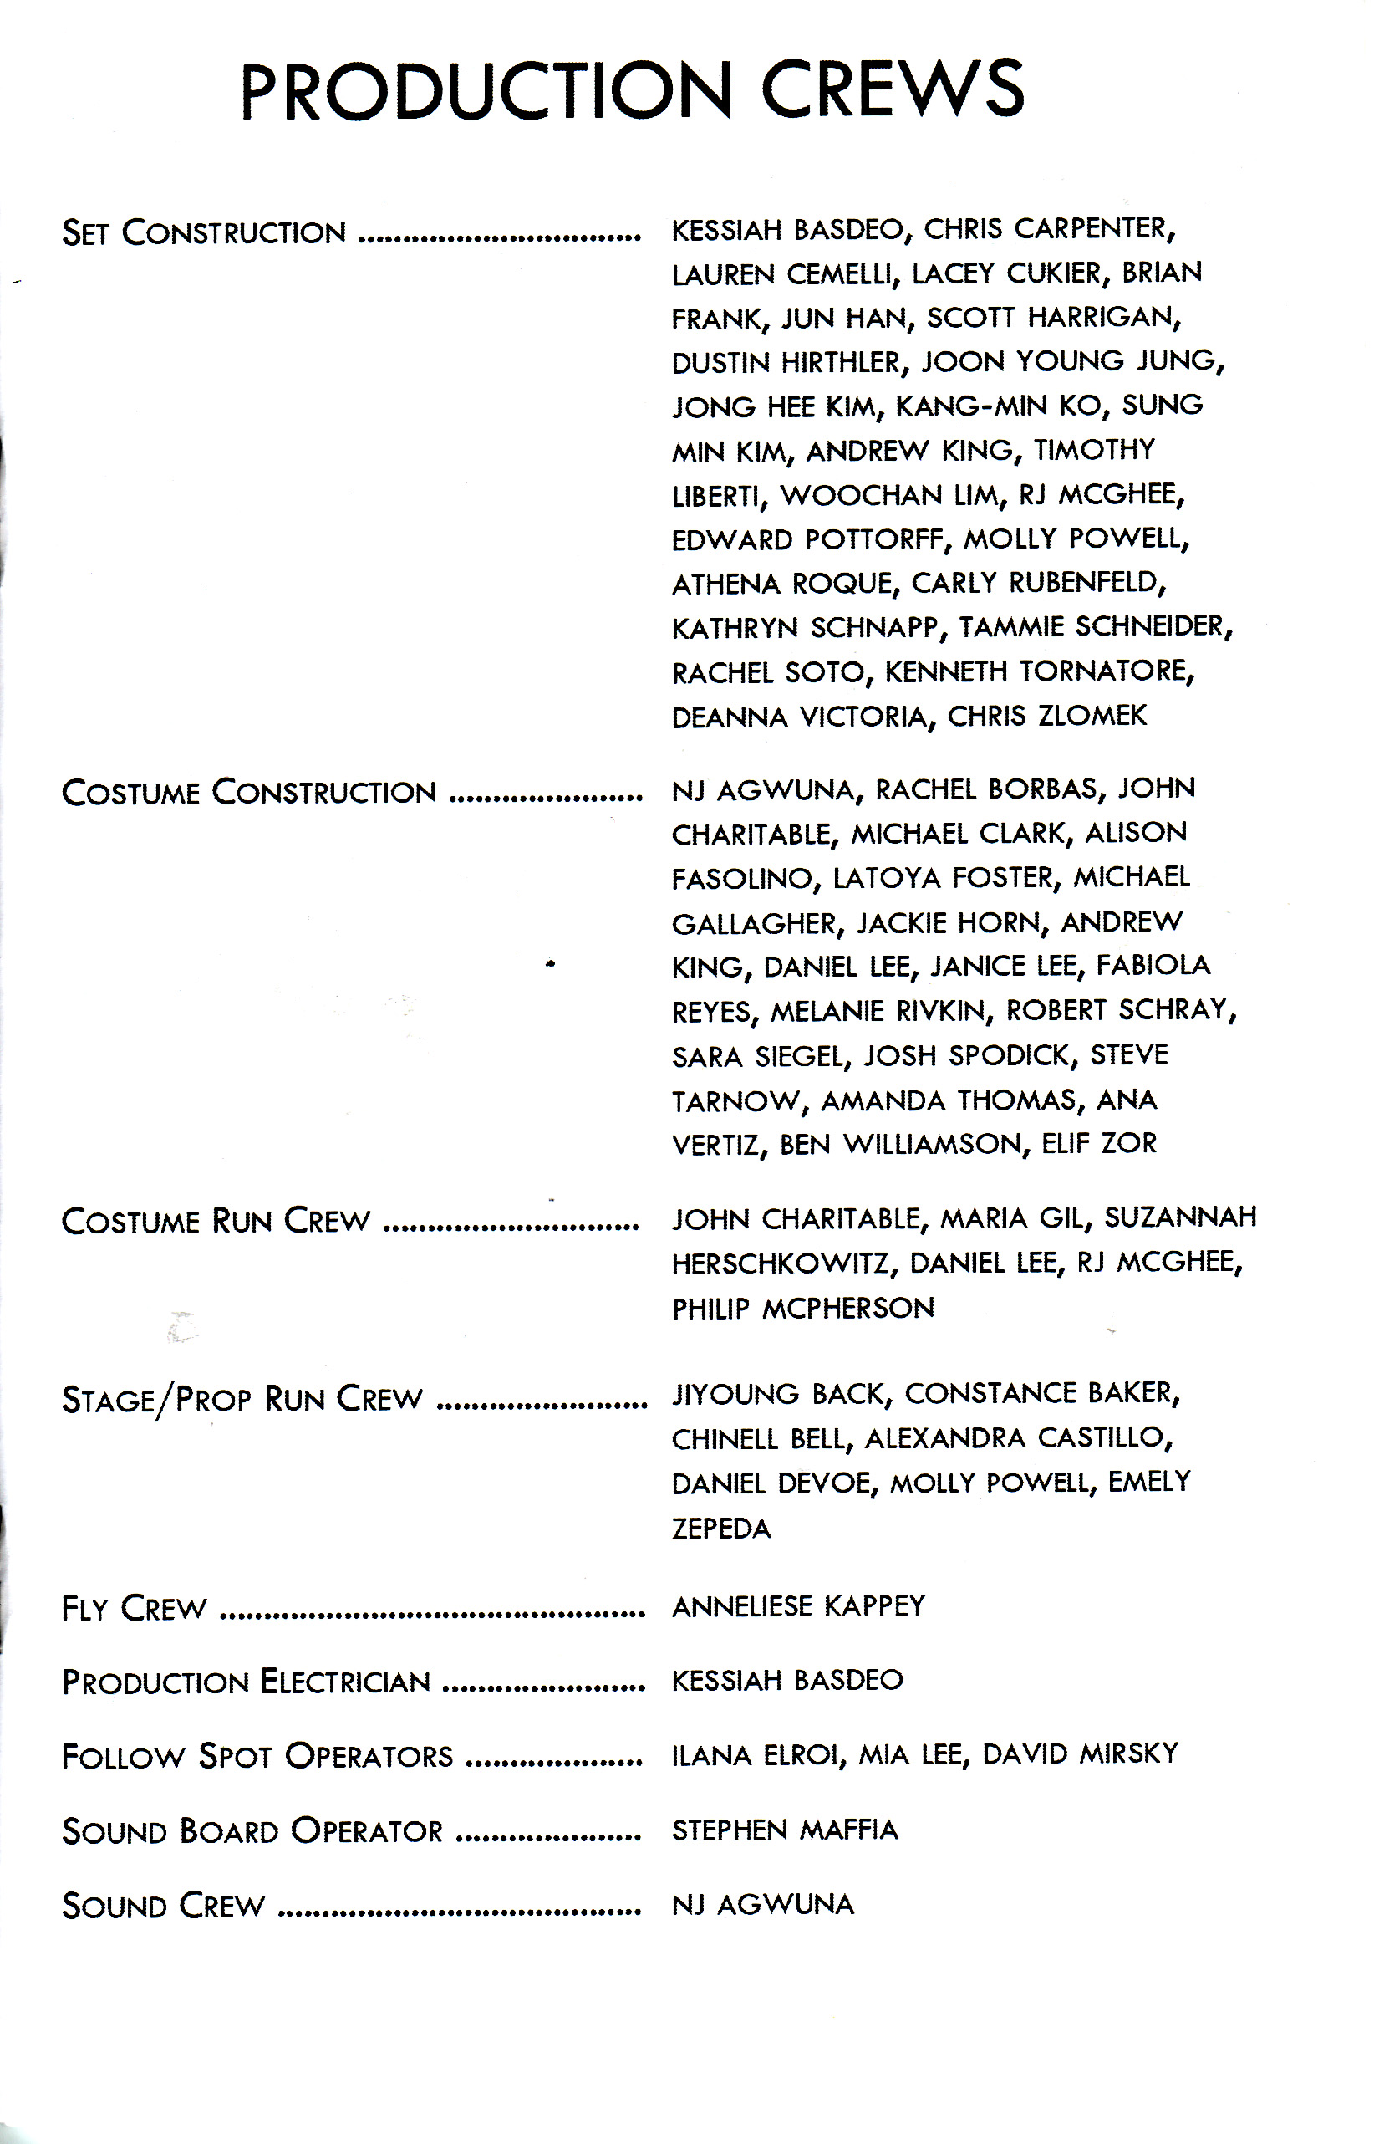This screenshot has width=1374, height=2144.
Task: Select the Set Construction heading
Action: [x=203, y=233]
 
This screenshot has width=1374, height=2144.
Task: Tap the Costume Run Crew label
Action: [x=215, y=1220]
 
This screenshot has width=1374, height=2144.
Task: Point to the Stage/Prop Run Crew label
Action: [x=242, y=1400]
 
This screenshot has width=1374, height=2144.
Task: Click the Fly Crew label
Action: [x=134, y=1609]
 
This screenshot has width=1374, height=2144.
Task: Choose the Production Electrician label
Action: [x=247, y=1682]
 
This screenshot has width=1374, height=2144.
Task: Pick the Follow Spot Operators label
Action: [x=257, y=1756]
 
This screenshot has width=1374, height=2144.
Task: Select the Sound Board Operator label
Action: [x=252, y=1830]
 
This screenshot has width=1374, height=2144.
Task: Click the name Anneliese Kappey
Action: [x=798, y=1606]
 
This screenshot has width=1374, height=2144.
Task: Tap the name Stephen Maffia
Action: [x=784, y=1830]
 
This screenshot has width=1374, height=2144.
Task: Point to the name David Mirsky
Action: [x=1081, y=1754]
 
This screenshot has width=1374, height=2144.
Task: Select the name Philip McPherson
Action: [x=803, y=1309]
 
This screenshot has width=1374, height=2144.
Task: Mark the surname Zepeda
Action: [x=721, y=1528]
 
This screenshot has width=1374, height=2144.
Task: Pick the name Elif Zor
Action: [x=1098, y=1143]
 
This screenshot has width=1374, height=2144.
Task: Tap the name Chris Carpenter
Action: [x=1049, y=229]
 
